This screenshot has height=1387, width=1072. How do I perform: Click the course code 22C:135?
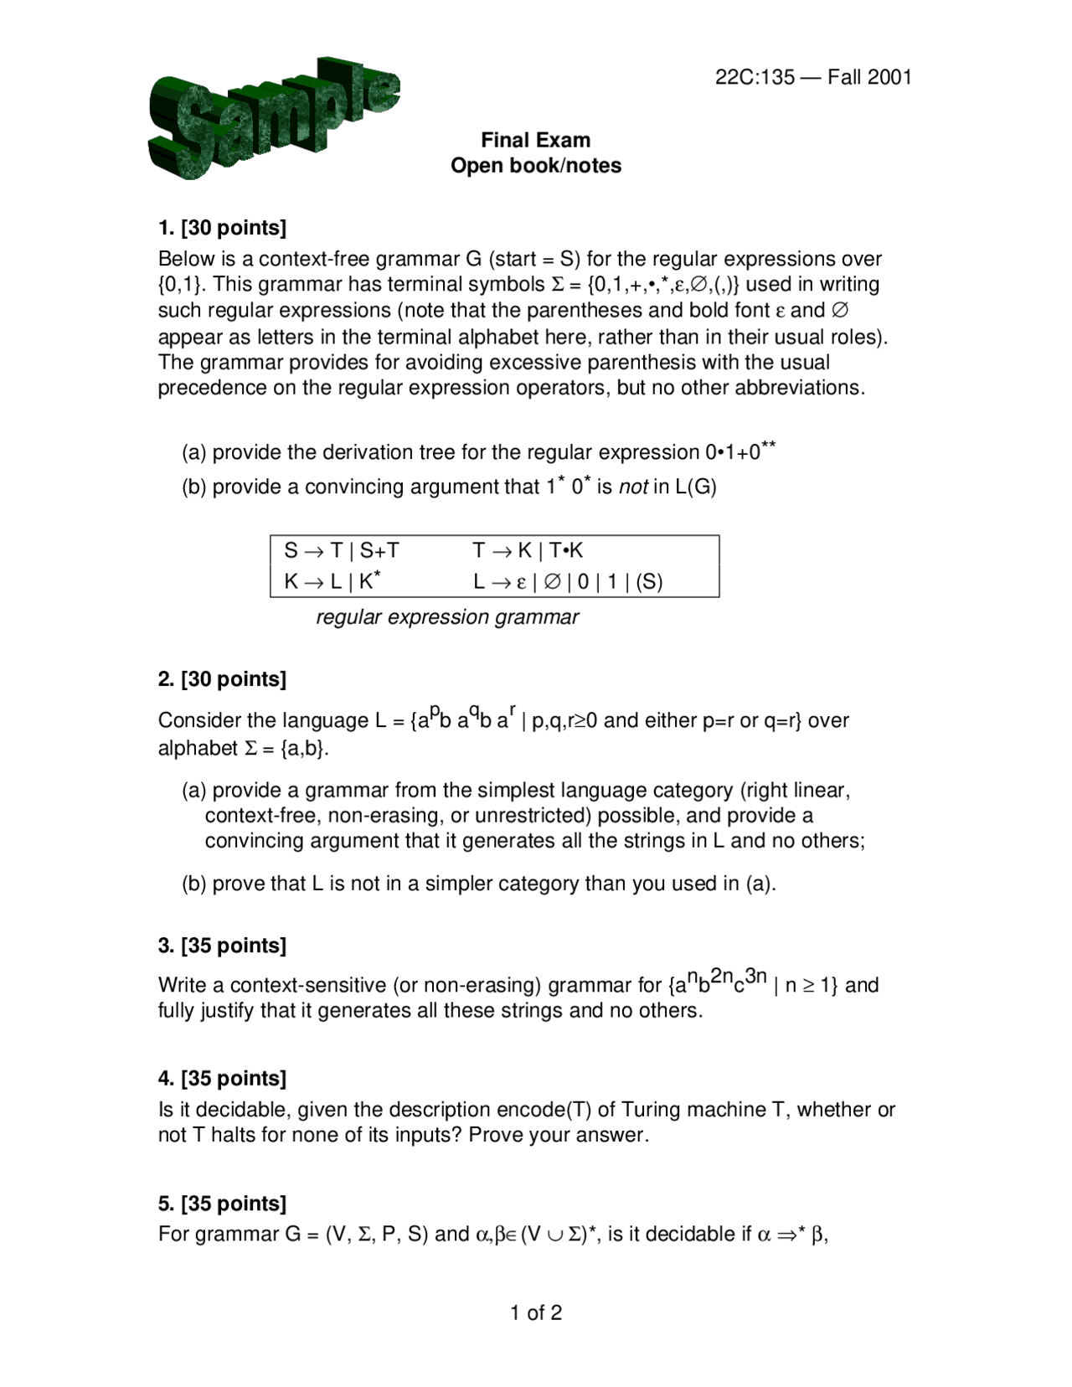click(x=755, y=77)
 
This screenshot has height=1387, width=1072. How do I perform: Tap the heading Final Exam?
click(x=535, y=140)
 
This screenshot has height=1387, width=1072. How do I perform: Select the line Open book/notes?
click(x=535, y=166)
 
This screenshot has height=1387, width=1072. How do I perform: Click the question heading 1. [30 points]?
click(x=222, y=228)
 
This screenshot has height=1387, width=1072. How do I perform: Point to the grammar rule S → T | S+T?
click(x=342, y=550)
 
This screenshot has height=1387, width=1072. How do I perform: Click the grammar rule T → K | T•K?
click(x=528, y=550)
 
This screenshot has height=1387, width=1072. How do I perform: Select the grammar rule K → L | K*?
click(x=332, y=580)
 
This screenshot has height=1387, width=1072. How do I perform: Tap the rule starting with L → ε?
click(x=568, y=581)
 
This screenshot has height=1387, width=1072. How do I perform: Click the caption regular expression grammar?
click(x=447, y=617)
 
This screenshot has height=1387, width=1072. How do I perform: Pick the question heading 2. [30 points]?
click(x=222, y=679)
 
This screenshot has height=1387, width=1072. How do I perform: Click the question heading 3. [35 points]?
click(x=222, y=946)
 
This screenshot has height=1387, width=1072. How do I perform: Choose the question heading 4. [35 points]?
click(x=222, y=1078)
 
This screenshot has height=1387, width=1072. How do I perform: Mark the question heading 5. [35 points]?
click(x=222, y=1204)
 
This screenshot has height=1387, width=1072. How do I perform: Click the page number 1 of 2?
click(x=536, y=1312)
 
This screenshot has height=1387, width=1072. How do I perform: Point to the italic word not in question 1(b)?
click(x=633, y=487)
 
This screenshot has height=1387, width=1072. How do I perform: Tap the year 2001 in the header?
click(x=889, y=77)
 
